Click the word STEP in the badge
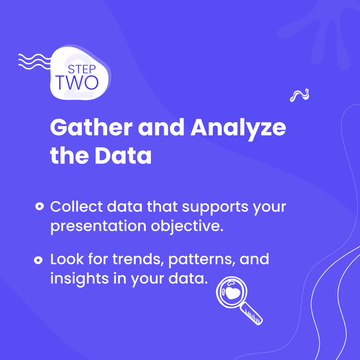pos(82,69)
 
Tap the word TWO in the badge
pos(77,82)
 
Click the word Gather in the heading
pos(91,127)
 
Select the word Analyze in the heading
pos(238,129)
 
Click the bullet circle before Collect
pos(39,206)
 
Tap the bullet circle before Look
pos(38,260)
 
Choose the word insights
pos(79,279)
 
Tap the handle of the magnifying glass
pos(251,313)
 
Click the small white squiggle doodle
pos(300,95)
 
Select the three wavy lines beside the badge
pos(34,62)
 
